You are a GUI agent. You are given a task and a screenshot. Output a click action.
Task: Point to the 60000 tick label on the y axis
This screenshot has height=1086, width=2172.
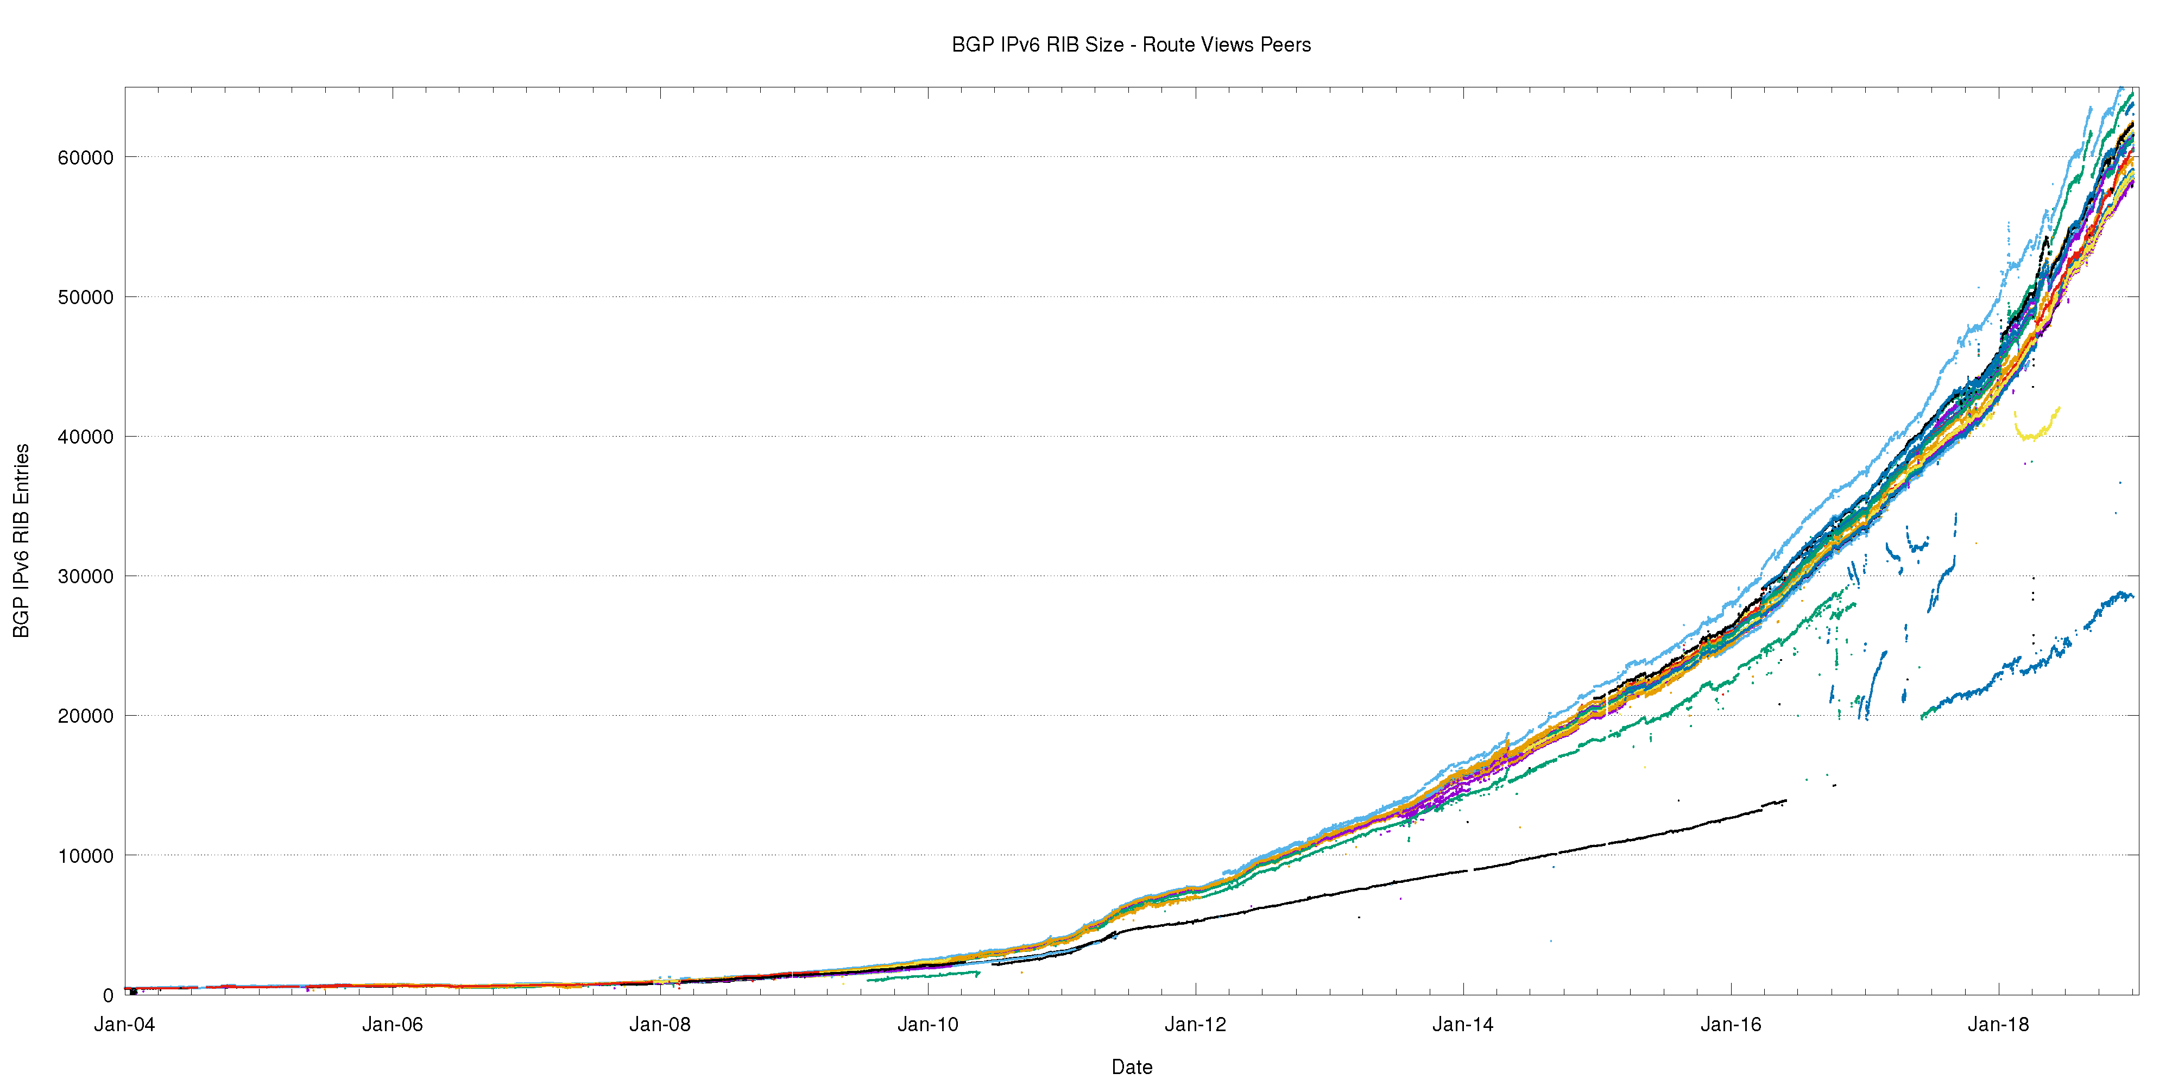(85, 157)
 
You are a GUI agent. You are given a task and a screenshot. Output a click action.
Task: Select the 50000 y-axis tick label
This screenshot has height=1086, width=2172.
(85, 298)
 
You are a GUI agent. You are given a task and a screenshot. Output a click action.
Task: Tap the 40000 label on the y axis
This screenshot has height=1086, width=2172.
(85, 437)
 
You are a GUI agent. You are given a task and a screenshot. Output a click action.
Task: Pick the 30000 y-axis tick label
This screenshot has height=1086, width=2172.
(85, 577)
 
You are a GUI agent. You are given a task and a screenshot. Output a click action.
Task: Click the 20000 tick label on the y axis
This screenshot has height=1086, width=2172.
(85, 716)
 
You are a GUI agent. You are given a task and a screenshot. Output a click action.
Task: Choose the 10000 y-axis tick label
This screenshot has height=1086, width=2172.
(85, 856)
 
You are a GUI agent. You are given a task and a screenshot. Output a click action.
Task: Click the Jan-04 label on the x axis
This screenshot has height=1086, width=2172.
(125, 1025)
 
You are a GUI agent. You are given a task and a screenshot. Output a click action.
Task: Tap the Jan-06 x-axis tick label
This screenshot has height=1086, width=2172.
(392, 1025)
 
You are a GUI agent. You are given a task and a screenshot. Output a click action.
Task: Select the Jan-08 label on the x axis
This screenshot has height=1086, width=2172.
(660, 1025)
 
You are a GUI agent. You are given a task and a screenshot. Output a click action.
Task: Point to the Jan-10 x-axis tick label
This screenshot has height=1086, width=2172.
(927, 1025)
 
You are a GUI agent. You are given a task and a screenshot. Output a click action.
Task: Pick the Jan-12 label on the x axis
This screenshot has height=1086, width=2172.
(1196, 1025)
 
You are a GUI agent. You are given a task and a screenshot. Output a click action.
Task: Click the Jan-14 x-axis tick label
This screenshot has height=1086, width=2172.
(1463, 1025)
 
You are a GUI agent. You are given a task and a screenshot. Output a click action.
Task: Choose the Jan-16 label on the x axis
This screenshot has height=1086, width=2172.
(1731, 1025)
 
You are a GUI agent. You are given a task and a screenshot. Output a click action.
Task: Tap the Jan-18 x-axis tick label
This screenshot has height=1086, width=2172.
(1998, 1025)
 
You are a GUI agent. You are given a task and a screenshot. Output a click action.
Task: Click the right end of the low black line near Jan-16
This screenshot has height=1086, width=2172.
(1784, 801)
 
